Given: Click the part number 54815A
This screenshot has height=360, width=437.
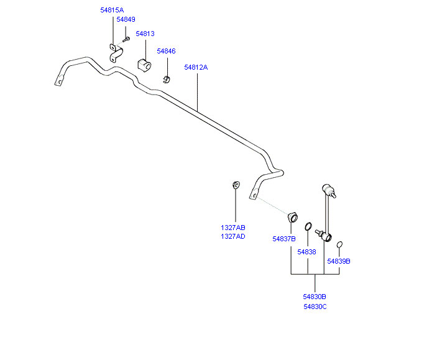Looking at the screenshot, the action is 112,10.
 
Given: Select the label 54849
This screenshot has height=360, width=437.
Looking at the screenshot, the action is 126,19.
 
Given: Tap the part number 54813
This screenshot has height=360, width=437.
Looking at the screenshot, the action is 145,34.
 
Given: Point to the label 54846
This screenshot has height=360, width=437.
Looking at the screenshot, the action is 167,52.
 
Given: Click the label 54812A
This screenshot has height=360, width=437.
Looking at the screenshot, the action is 196,68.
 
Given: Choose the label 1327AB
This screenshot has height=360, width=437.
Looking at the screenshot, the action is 233,228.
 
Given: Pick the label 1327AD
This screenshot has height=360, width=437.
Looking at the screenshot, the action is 233,237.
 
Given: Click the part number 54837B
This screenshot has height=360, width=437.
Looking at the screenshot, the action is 284,239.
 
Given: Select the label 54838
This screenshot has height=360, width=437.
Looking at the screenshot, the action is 307,252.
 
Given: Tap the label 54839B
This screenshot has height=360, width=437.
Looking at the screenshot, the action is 339,262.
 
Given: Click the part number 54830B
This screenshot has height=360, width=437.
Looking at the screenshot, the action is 315,297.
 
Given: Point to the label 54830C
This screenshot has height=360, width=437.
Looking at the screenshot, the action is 315,307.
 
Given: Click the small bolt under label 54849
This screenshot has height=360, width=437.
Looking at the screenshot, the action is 126,39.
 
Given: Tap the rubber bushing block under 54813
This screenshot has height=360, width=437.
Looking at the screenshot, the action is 144,65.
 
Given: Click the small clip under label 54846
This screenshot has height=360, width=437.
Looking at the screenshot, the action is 167,79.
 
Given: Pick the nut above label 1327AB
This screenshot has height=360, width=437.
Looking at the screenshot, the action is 236,185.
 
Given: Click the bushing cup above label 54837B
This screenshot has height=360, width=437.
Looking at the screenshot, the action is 293,217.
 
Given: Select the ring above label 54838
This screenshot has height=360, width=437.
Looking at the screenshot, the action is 308,226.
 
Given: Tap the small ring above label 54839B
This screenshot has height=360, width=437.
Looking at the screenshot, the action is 339,245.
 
